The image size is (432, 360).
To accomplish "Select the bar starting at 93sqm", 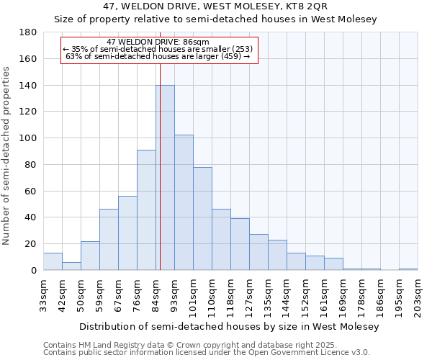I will pos(184,202).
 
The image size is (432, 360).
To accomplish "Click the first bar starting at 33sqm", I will pos(53,262).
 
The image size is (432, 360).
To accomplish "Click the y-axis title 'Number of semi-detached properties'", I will pos(7,156).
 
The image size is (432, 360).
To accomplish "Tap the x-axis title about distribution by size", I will pos(229,326).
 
